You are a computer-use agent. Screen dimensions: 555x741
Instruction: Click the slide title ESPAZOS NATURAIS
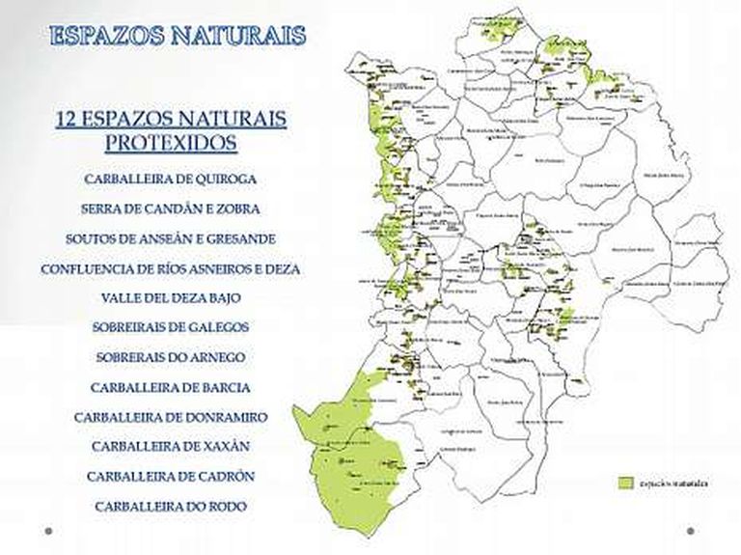point(178,36)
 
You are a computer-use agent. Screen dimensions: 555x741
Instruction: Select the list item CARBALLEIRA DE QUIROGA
point(170,180)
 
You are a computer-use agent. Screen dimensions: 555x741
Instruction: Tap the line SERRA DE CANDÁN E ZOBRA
point(170,208)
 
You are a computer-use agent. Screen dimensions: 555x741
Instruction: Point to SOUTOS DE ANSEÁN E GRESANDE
point(171,238)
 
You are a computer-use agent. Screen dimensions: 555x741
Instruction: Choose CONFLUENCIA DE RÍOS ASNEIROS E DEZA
point(171,269)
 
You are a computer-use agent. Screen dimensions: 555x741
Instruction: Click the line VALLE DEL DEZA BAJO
point(171,298)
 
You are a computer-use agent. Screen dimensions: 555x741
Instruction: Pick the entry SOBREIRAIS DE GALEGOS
point(171,327)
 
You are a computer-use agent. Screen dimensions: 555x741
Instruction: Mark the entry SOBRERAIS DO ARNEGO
point(171,357)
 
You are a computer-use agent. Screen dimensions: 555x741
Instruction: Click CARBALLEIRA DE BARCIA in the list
point(171,387)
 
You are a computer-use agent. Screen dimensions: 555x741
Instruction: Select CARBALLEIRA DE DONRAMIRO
point(171,417)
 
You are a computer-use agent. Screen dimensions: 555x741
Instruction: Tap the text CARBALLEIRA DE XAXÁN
point(171,446)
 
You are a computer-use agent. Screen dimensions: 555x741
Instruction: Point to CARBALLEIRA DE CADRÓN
point(171,476)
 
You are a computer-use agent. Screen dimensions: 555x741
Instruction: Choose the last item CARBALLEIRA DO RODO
point(171,506)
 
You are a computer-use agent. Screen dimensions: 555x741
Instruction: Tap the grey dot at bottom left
point(48,530)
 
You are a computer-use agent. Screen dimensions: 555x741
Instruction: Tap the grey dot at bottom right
point(691,530)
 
